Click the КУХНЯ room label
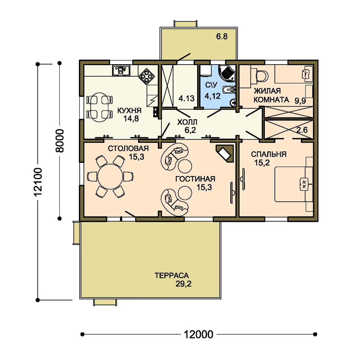tap(129, 111)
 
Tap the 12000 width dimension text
tap(198, 334)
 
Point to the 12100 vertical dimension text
tap(38, 182)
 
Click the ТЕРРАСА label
tap(172, 276)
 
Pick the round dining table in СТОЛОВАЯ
tap(110, 176)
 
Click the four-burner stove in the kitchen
tap(146, 76)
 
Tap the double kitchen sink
tap(121, 71)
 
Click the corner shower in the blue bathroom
tap(227, 73)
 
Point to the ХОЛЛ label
tap(187, 122)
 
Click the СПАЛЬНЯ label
tap(268, 154)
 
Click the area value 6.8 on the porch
tap(222, 36)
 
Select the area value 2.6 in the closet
tap(302, 130)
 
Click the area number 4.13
tap(186, 98)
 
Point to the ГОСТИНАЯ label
tap(195, 179)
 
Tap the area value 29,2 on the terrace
tap(184, 284)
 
